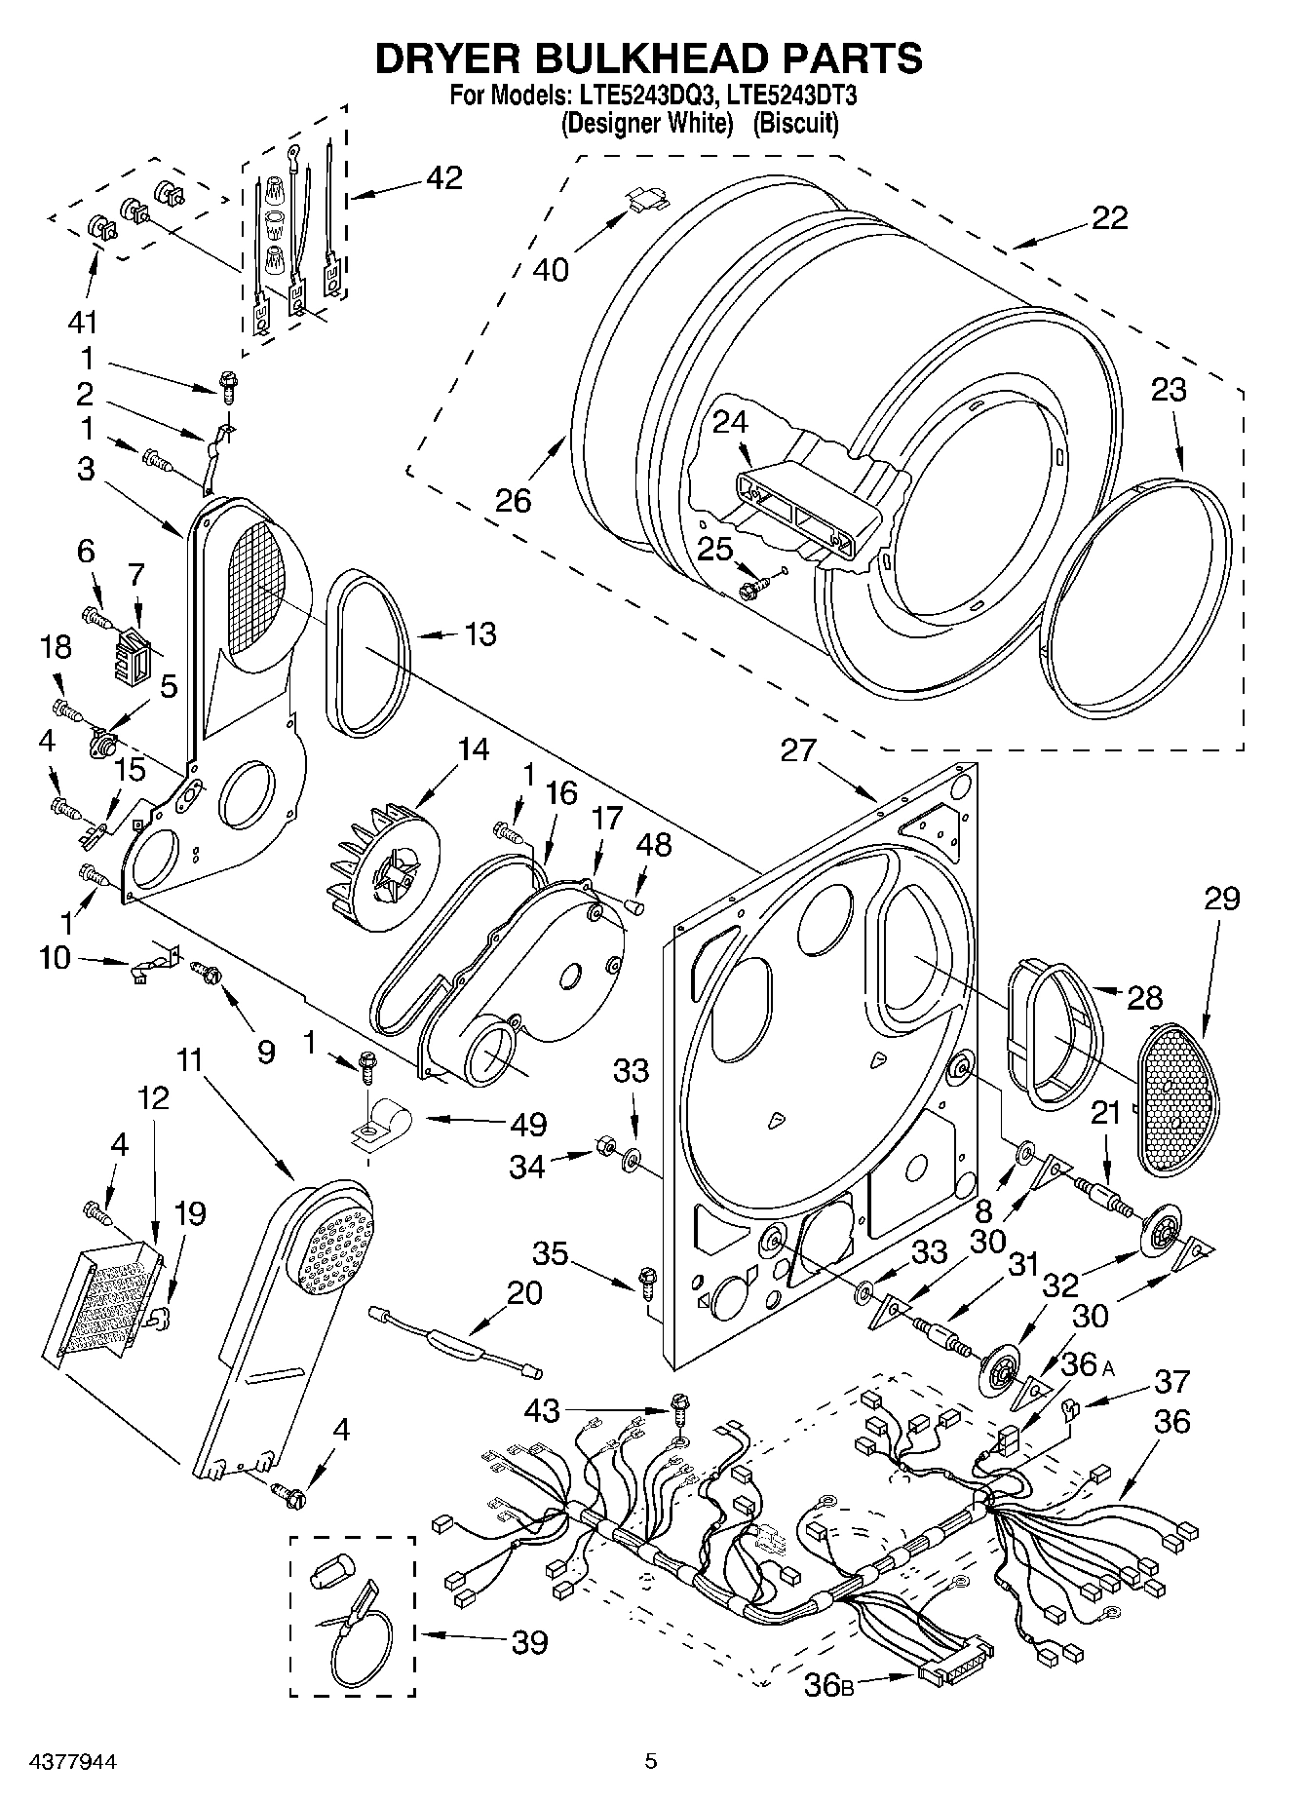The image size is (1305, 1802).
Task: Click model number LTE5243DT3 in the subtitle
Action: pos(789,96)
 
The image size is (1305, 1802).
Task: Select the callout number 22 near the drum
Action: pos(1109,217)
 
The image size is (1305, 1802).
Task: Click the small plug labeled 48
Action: pos(633,908)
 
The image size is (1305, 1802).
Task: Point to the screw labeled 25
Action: pos(755,589)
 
